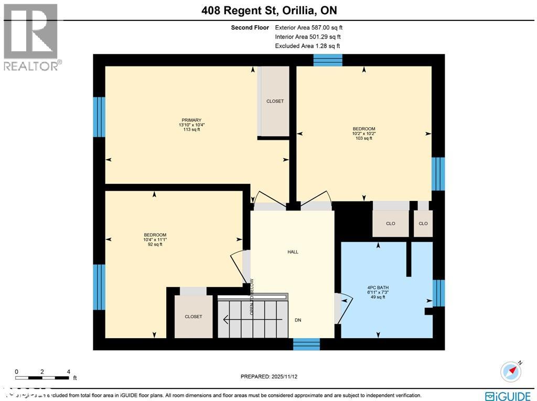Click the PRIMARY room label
[x=189, y=120]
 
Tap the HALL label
[x=293, y=252]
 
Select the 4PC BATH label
[x=378, y=287]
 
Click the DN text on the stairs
[x=298, y=320]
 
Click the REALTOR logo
[x=31, y=37]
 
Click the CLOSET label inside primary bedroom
[x=275, y=101]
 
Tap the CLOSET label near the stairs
[x=193, y=317]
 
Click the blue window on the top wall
[x=328, y=60]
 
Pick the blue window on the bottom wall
[x=306, y=344]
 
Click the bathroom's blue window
[x=438, y=293]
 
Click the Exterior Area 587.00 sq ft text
[x=309, y=27]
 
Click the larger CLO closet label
[x=390, y=224]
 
